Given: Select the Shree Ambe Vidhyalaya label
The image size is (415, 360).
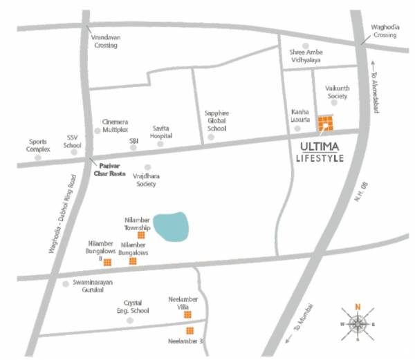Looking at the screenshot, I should (306, 57).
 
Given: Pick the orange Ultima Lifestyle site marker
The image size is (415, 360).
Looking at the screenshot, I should (324, 124).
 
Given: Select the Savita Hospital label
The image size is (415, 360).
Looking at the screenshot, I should (161, 131).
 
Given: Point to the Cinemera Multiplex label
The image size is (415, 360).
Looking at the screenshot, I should (116, 125).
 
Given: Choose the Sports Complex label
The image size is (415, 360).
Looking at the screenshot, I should (38, 144).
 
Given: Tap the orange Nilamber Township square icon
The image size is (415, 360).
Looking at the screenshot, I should (141, 235).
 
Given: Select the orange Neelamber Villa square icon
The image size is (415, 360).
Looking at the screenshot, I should (187, 314).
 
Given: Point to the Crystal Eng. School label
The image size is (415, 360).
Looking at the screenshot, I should (136, 307).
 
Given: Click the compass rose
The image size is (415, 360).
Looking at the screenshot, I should (358, 323).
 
